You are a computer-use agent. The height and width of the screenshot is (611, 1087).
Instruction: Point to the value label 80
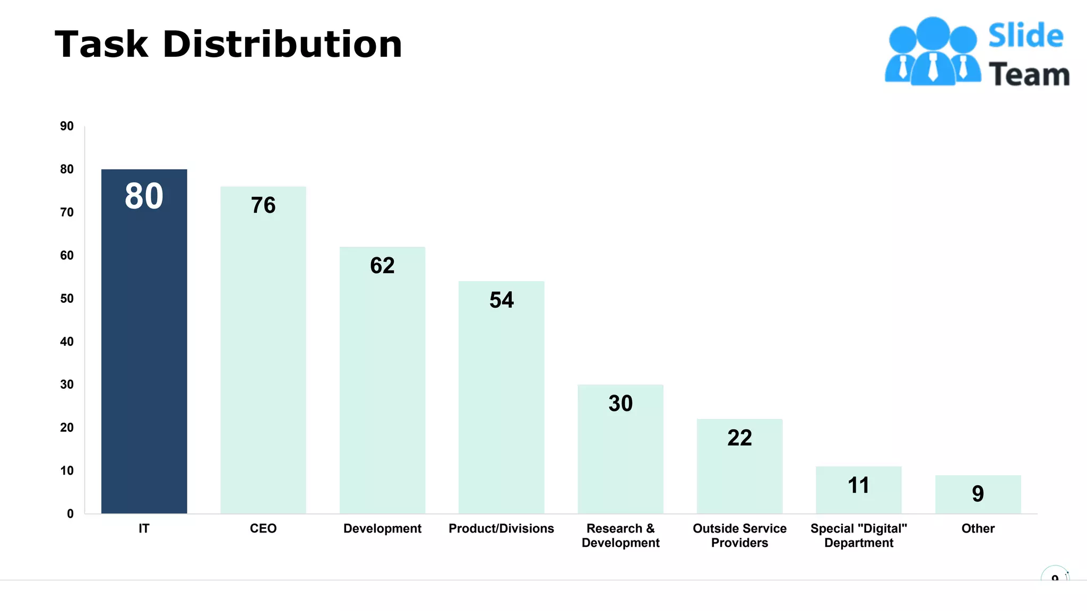coord(144,196)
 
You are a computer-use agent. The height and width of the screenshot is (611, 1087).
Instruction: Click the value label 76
coord(263,205)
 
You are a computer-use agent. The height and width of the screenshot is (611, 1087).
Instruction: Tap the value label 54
coord(501,300)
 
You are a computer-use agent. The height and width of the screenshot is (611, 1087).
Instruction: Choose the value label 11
coord(858,485)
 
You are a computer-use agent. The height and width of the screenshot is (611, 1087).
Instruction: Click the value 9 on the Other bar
coord(978,494)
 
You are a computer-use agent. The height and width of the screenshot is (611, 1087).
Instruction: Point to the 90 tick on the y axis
coord(67,126)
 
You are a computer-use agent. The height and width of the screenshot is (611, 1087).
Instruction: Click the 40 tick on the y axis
coord(67,342)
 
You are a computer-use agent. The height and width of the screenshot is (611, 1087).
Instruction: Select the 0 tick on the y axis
coord(70,513)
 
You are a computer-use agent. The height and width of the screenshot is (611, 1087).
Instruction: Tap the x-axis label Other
coord(978,528)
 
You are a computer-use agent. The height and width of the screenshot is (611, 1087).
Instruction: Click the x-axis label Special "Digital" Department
coord(858,536)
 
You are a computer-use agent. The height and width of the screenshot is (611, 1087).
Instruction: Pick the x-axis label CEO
coord(263,528)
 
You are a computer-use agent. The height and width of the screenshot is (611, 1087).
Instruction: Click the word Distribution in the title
coord(282,44)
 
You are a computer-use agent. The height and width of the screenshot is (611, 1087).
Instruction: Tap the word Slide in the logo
coord(1025,36)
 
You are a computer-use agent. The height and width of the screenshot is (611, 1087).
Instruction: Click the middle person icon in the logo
coord(933,53)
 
